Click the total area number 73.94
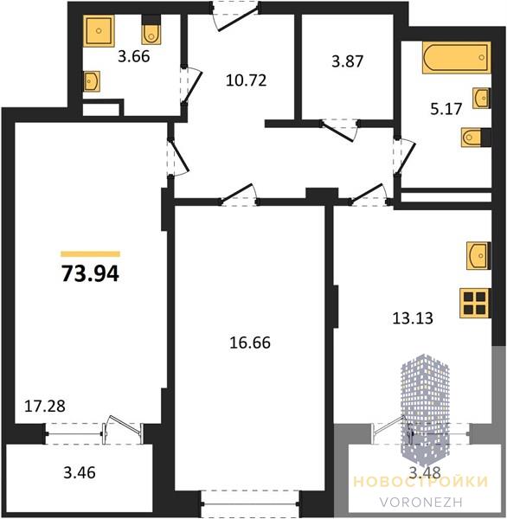tap(90, 274)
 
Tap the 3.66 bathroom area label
tap(134, 56)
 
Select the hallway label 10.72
tap(246, 80)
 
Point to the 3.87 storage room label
tap(348, 61)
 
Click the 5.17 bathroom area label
tap(446, 109)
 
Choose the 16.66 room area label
tap(250, 343)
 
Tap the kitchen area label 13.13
tap(413, 318)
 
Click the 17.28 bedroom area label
tap(45, 407)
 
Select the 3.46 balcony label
tap(80, 472)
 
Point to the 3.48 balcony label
tap(425, 472)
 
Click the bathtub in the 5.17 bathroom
tap(456, 57)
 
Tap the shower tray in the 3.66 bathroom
tap(99, 30)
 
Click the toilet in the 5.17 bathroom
tap(474, 137)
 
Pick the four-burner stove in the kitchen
tap(475, 304)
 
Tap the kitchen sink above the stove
tap(478, 255)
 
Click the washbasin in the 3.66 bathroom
tap(92, 81)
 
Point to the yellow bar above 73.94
tap(90, 254)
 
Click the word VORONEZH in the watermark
tap(420, 502)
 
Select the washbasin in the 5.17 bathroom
tap(481, 98)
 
